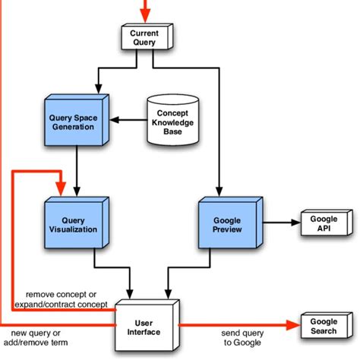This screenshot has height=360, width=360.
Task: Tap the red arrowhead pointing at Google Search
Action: point(293,325)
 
